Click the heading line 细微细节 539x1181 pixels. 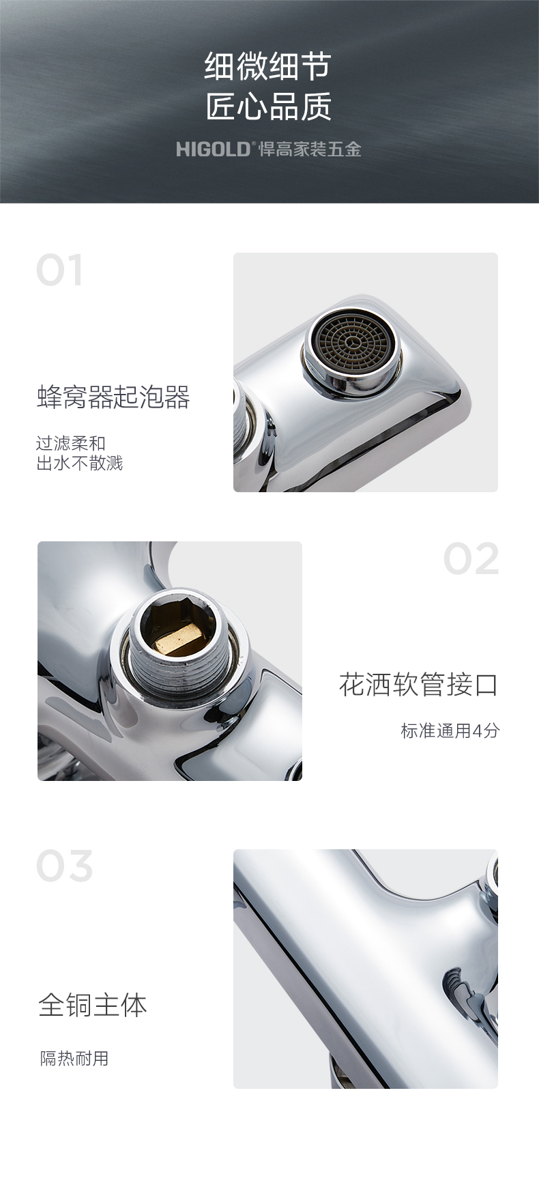pyautogui.click(x=268, y=66)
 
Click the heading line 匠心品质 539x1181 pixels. pyautogui.click(x=268, y=106)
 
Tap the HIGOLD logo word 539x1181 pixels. pyautogui.click(x=214, y=149)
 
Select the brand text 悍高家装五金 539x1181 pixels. pyautogui.click(x=310, y=149)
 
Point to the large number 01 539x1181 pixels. pyautogui.click(x=60, y=270)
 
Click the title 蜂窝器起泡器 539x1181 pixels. pyautogui.click(x=113, y=397)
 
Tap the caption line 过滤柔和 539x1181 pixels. pyautogui.click(x=71, y=444)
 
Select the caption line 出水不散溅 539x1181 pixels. pyautogui.click(x=80, y=464)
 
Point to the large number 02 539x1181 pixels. pyautogui.click(x=471, y=559)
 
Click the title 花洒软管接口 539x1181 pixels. pyautogui.click(x=418, y=684)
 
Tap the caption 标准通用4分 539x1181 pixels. pyautogui.click(x=450, y=730)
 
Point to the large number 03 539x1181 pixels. pyautogui.click(x=64, y=866)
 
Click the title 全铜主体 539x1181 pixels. pyautogui.click(x=93, y=1005)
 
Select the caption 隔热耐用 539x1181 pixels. pyautogui.click(x=74, y=1059)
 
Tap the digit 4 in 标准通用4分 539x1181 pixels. pyautogui.click(x=477, y=731)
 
